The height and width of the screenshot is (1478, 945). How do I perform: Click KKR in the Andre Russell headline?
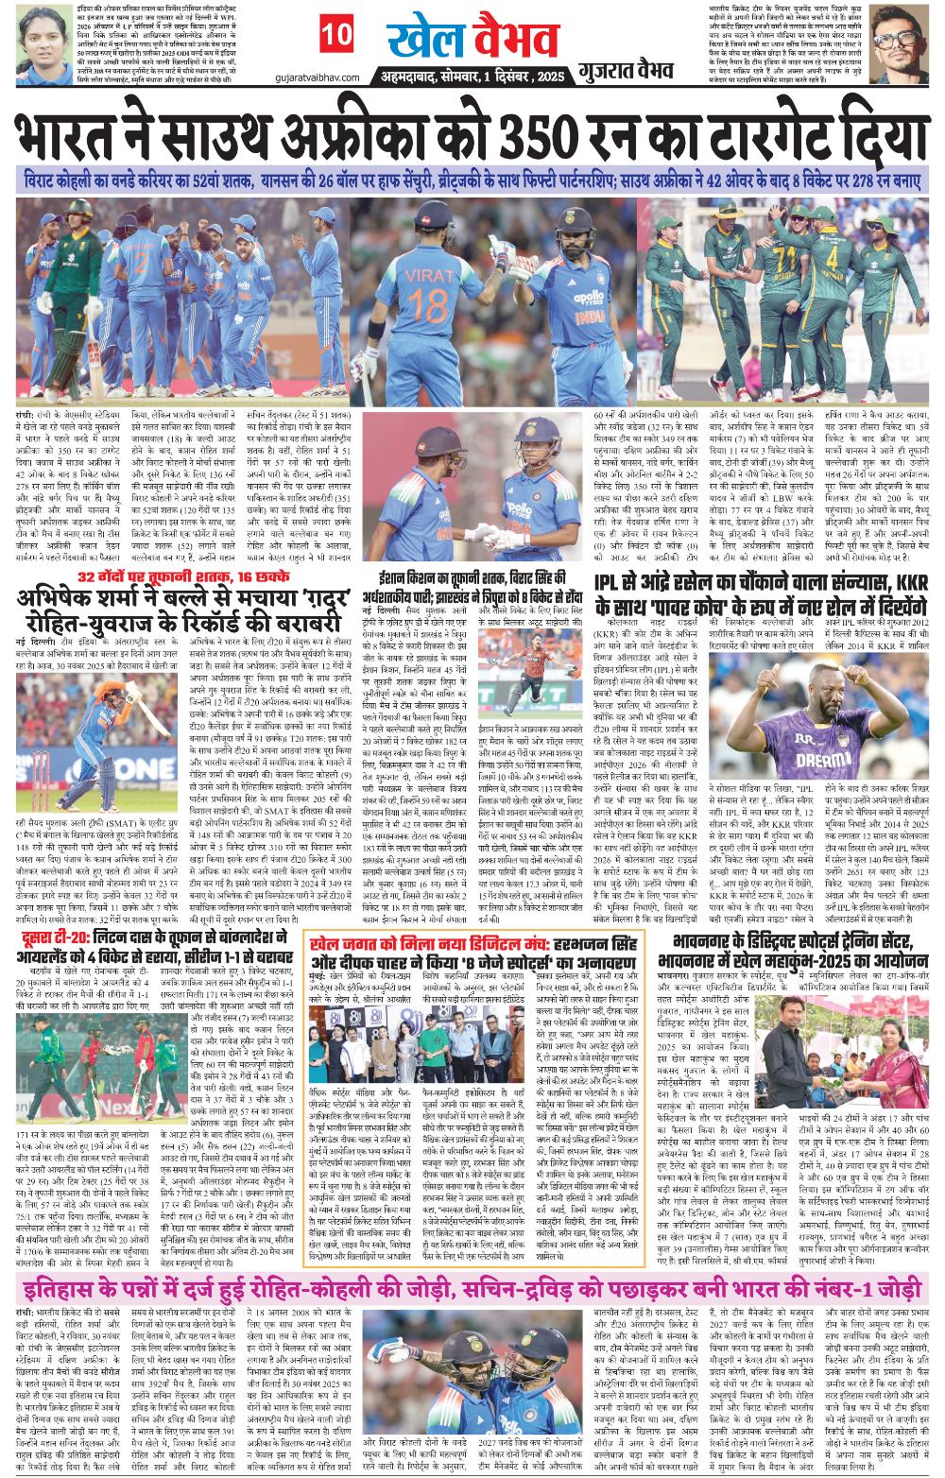click(x=892, y=583)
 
